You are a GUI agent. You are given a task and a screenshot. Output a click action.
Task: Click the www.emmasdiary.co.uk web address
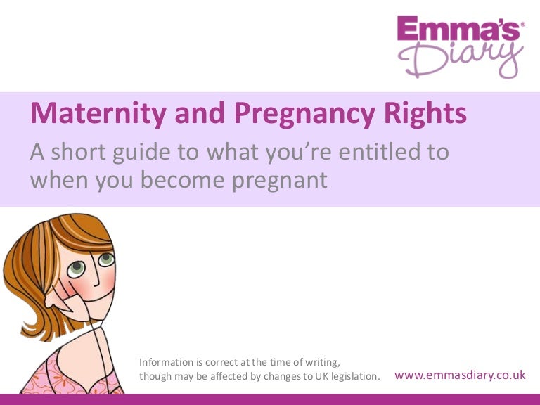click(461, 375)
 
